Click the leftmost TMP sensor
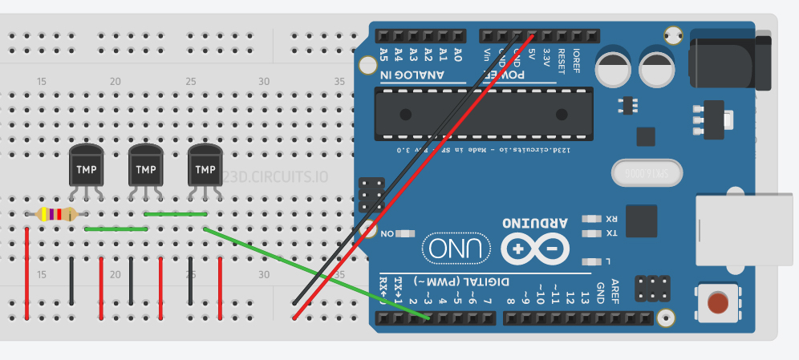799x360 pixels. [86, 168]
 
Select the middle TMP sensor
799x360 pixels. [146, 168]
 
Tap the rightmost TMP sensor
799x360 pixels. [205, 168]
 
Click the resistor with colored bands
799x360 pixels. [56, 214]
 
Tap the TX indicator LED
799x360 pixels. [592, 233]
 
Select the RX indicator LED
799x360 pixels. [592, 218]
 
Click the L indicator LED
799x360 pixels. [592, 261]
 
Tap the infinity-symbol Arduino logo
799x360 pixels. [535, 249]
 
